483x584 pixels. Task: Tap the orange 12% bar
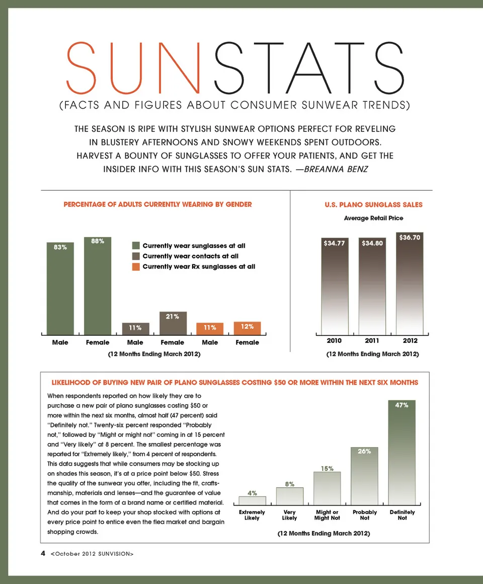[x=247, y=328]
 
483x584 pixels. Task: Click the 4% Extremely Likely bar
[x=252, y=500]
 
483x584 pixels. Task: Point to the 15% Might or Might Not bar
[x=327, y=488]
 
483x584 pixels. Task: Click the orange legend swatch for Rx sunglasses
[x=136, y=266]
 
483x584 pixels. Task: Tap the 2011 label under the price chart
[x=372, y=341]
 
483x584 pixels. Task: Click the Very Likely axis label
[x=289, y=515]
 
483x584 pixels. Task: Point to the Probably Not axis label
[x=365, y=515]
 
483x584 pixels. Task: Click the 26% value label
[x=364, y=452]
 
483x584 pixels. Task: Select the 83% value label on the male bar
[x=60, y=247]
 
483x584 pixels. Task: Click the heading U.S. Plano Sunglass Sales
[x=373, y=204]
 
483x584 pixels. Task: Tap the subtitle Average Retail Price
[x=373, y=218]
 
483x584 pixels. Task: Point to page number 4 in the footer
[x=43, y=553]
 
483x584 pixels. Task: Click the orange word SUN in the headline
[x=138, y=68]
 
